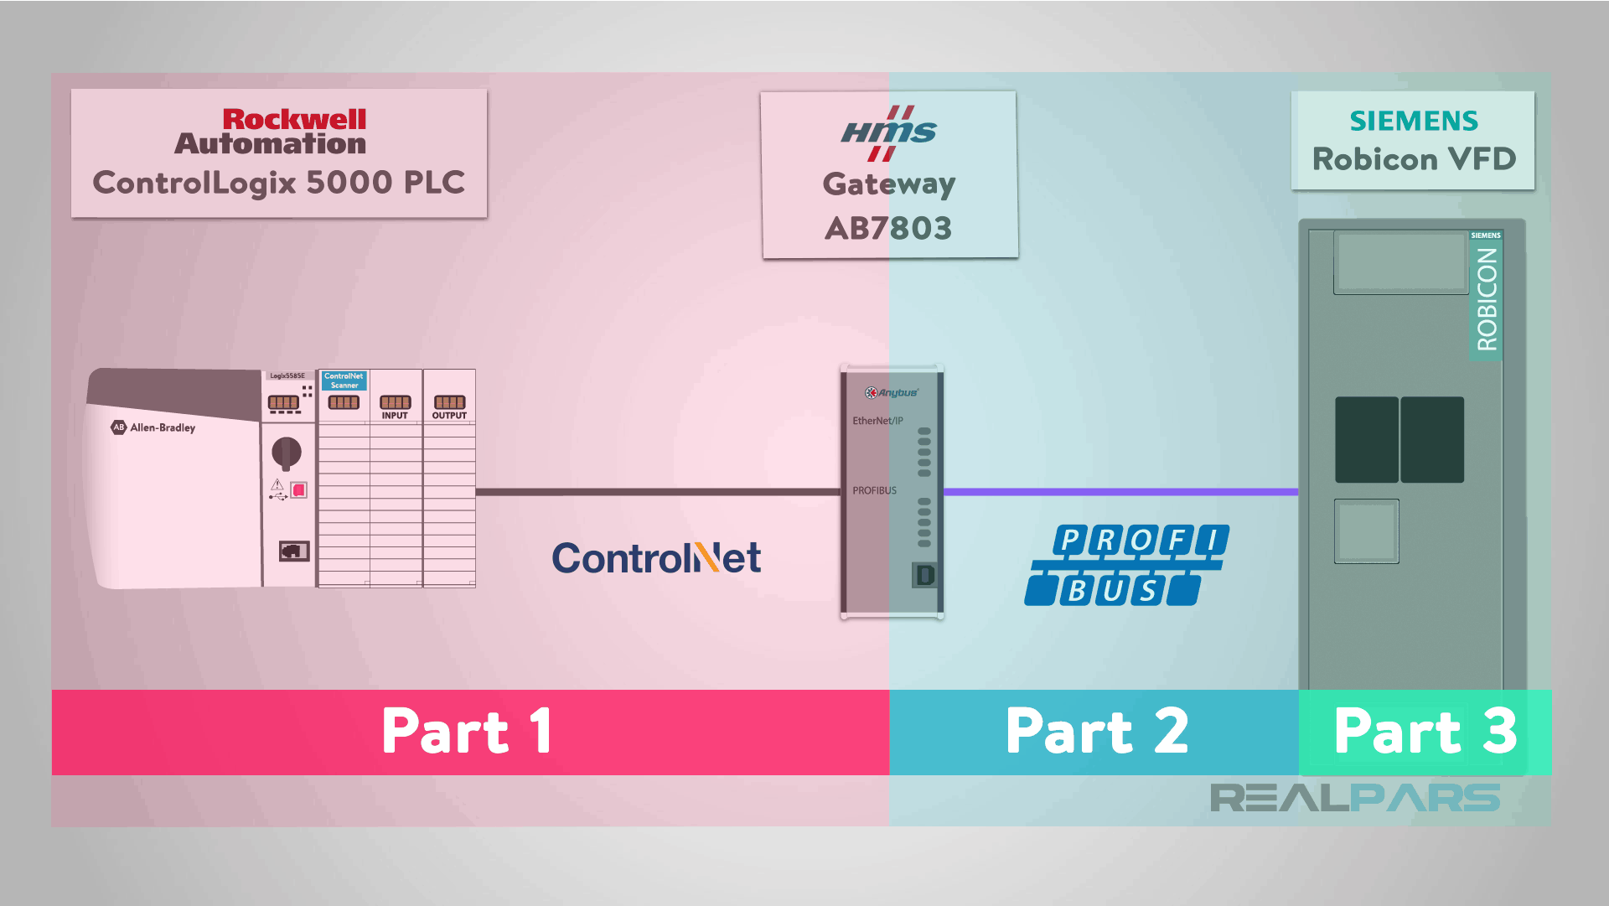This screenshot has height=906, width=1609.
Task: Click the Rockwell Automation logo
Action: (271, 132)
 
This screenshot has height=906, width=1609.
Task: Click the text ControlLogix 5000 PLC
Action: (278, 183)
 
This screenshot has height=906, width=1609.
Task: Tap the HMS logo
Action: (888, 132)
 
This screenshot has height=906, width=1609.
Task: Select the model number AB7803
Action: (888, 228)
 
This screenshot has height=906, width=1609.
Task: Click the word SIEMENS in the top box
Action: (1414, 121)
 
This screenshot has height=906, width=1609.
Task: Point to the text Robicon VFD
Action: (1414, 159)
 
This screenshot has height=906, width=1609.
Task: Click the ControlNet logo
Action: (656, 558)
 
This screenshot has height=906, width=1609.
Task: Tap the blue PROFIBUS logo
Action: (1125, 565)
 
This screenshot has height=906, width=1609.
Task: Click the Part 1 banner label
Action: (467, 731)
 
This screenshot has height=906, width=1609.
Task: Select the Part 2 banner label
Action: (1097, 731)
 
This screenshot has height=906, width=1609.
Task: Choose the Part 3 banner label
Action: (1425, 731)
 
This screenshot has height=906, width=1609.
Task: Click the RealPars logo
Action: (1355, 798)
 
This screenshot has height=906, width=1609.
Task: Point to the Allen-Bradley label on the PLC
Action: (154, 427)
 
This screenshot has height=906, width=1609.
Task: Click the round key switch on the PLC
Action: (287, 453)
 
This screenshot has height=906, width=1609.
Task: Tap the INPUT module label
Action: (395, 416)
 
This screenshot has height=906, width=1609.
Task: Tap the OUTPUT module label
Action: (449, 416)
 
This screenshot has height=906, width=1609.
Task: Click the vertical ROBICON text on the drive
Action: (1487, 299)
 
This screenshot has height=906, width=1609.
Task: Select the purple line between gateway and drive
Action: (1120, 492)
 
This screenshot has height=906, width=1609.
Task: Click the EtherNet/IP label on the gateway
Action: (877, 421)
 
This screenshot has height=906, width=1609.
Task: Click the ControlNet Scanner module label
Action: (344, 381)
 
